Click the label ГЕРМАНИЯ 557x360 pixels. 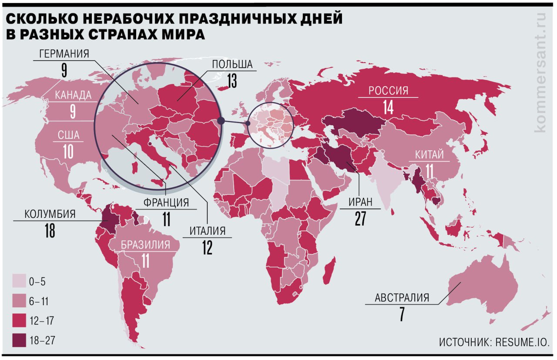64,54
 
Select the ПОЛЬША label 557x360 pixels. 232,65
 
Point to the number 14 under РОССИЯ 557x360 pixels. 388,107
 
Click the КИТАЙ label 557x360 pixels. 429,154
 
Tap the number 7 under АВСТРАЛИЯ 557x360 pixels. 402,314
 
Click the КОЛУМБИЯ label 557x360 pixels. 50,214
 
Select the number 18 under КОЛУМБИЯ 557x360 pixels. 50,230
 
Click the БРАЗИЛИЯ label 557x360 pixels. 145,245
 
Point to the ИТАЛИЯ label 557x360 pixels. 207,230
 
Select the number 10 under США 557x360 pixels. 69,152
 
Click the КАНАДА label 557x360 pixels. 73,95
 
